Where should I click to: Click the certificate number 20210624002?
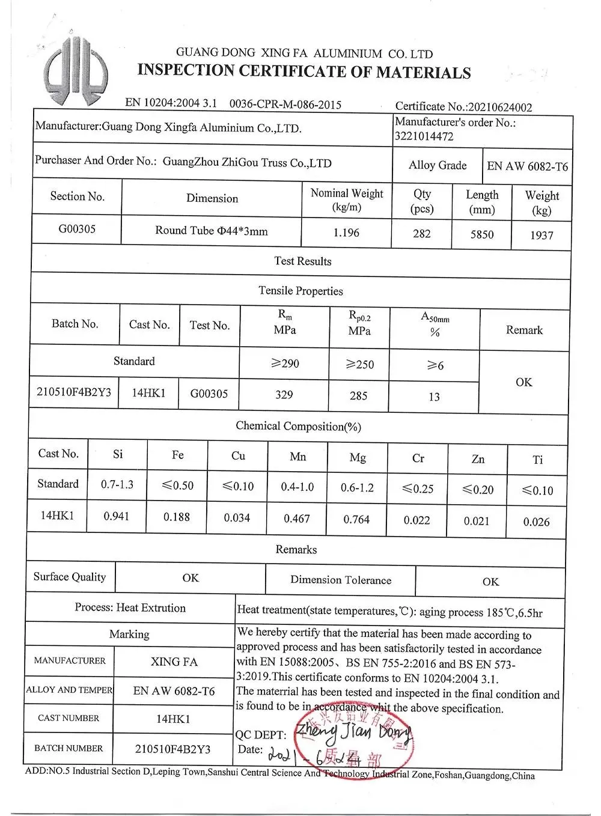tap(500, 107)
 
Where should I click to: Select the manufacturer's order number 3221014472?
tap(424, 136)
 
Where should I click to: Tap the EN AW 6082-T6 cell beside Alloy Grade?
tap(527, 166)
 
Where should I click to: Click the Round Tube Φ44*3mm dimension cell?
tap(212, 231)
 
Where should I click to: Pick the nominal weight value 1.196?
tap(346, 233)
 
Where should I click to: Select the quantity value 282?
tap(422, 233)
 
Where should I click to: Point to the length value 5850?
tap(482, 234)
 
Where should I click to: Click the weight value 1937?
tap(541, 236)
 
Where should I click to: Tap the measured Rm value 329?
tap(284, 395)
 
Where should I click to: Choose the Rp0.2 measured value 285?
tap(358, 395)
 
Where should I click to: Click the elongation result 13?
tap(434, 397)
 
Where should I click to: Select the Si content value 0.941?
tap(117, 516)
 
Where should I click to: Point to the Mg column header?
tap(358, 458)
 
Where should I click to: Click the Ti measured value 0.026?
tap(536, 522)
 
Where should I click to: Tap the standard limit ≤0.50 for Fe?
tap(177, 486)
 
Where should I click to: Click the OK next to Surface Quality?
tap(191, 578)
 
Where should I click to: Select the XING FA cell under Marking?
tap(174, 662)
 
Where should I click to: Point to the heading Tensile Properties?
tap(300, 291)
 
